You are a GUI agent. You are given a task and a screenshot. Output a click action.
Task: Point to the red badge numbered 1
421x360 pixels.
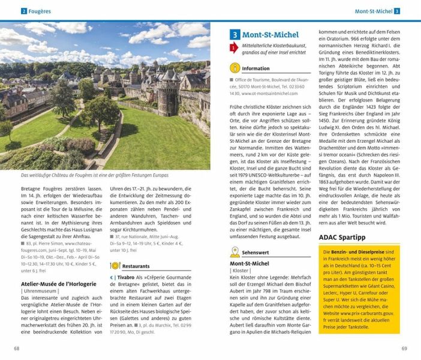[x=234, y=49]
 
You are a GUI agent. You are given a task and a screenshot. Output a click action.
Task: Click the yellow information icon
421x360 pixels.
[x=234, y=68]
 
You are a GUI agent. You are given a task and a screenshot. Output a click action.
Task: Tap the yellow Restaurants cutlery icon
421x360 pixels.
[x=115, y=265]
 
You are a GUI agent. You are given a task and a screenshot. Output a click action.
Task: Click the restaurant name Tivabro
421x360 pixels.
[x=126, y=278]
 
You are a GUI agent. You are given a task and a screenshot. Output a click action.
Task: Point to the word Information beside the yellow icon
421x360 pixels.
[x=256, y=68]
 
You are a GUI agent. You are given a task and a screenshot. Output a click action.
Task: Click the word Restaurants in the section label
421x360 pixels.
[x=137, y=265]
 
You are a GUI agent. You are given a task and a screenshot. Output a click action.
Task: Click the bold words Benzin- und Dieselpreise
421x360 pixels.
[x=359, y=254]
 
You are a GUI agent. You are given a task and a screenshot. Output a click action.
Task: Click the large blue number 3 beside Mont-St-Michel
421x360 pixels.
[x=236, y=35]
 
